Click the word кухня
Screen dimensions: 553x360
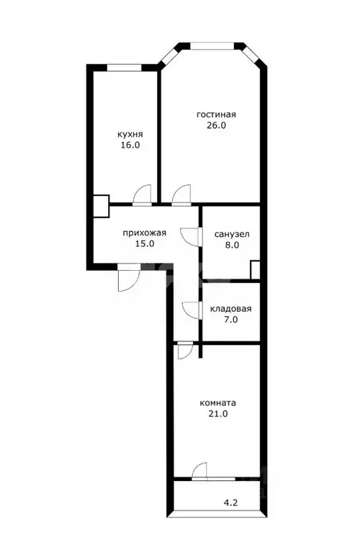pyautogui.click(x=130, y=134)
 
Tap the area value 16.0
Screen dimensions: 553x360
pyautogui.click(x=130, y=145)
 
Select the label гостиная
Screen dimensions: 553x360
pyautogui.click(x=217, y=114)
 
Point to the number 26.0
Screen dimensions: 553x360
pyautogui.click(x=217, y=125)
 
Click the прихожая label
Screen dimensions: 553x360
pyautogui.click(x=145, y=233)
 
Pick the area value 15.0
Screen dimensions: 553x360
pyautogui.click(x=145, y=243)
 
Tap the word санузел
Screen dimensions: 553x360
pyautogui.click(x=232, y=234)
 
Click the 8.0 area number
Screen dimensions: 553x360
pyautogui.click(x=232, y=245)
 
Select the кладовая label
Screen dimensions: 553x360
pyautogui.click(x=230, y=310)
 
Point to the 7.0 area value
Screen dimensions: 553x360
pyautogui.click(x=230, y=320)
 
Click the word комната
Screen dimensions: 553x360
pyautogui.click(x=218, y=403)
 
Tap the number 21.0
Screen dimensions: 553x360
pyautogui.click(x=218, y=414)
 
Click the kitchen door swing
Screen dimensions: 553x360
pyautogui.click(x=143, y=194)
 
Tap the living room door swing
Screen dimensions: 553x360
pyautogui.click(x=181, y=194)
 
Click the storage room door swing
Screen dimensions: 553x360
pyautogui.click(x=192, y=310)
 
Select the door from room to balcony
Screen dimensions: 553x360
pyautogui.click(x=200, y=472)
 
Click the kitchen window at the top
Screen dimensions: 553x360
pyautogui.click(x=123, y=68)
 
